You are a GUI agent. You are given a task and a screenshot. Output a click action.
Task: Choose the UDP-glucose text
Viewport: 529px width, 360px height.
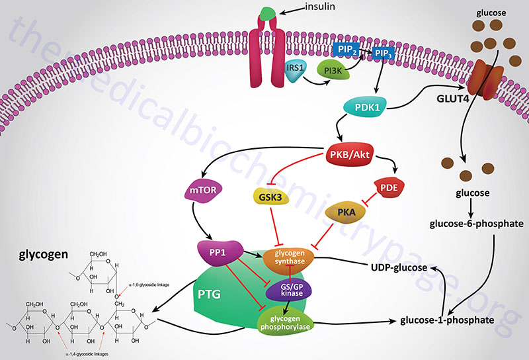pos(398,267)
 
